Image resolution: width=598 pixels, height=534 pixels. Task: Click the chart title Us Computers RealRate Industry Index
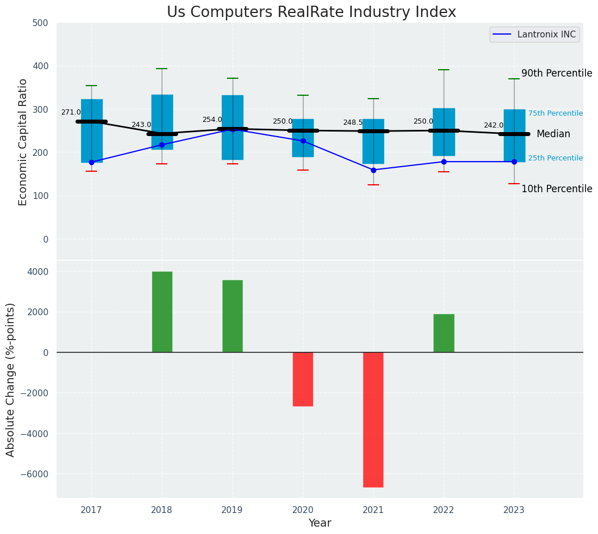tap(311, 12)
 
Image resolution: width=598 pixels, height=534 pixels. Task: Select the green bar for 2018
tap(162, 312)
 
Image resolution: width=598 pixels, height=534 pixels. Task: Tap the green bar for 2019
tap(233, 316)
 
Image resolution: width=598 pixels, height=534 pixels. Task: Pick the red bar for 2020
tap(303, 379)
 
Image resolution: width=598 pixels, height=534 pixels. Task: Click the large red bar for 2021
tap(373, 419)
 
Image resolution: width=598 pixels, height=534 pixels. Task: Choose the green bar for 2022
tap(444, 333)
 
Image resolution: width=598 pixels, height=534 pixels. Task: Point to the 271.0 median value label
tap(71, 113)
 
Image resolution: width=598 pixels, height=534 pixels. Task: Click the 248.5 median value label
tap(353, 123)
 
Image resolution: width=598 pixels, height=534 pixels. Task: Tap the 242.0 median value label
tap(494, 126)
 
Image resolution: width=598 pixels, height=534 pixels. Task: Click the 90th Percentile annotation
tap(557, 74)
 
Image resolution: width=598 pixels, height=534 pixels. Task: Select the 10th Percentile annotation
tap(557, 189)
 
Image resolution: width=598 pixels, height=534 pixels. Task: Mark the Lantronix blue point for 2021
tap(373, 170)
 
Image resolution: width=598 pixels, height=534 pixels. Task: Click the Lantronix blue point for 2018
tap(162, 145)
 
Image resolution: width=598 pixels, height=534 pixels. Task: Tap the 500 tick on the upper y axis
tap(44, 23)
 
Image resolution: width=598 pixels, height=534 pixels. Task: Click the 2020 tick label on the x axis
tap(302, 511)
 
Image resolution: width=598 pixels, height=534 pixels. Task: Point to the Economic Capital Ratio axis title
tap(23, 142)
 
